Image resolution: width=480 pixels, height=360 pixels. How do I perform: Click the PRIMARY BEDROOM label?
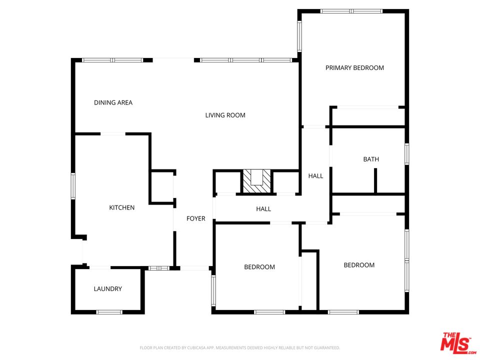coord(354,67)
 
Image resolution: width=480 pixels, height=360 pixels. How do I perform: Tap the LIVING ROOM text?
coord(225,115)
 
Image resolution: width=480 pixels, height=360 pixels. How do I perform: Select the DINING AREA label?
coord(113,102)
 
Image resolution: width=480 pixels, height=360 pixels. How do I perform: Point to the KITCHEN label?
coord(122,207)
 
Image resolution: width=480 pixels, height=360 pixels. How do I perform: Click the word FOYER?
coord(196,218)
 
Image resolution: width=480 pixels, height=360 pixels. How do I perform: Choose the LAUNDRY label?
coord(108,288)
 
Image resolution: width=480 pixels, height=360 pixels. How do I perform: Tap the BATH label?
coord(371,159)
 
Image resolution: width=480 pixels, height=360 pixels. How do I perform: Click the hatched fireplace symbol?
coord(256,181)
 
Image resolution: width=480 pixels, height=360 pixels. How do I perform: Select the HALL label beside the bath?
coord(315,175)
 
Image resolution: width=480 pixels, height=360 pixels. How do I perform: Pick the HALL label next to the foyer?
coord(263,209)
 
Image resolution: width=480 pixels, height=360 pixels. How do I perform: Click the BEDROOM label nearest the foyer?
coord(259,267)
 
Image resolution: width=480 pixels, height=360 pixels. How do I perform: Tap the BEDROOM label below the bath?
coord(359,265)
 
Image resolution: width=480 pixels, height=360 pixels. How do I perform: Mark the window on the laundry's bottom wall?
coord(109,312)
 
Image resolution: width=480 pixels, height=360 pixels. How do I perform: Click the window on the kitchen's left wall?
coord(73,186)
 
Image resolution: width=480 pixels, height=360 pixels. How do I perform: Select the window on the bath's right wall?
coord(407,154)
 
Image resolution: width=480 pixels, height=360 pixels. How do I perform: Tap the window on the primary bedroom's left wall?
coord(299,36)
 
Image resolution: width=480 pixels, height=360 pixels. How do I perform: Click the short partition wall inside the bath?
coord(375,180)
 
